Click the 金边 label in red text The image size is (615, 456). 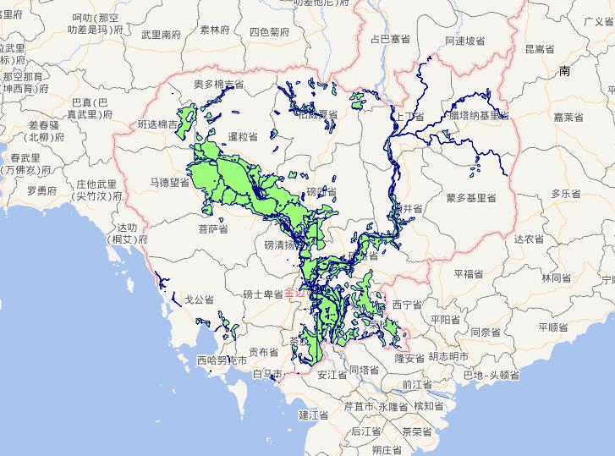coord(294,294)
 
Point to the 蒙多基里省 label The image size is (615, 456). coord(470,198)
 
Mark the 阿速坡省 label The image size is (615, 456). coord(465,41)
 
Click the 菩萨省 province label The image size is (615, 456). coord(213,228)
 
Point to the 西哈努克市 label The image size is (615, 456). coord(222,360)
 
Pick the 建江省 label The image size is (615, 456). coord(313,415)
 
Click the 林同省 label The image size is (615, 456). coord(557,277)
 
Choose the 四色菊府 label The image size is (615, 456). coord(269,32)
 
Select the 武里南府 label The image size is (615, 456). coord(161,35)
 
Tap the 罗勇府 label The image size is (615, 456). coord(41,190)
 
